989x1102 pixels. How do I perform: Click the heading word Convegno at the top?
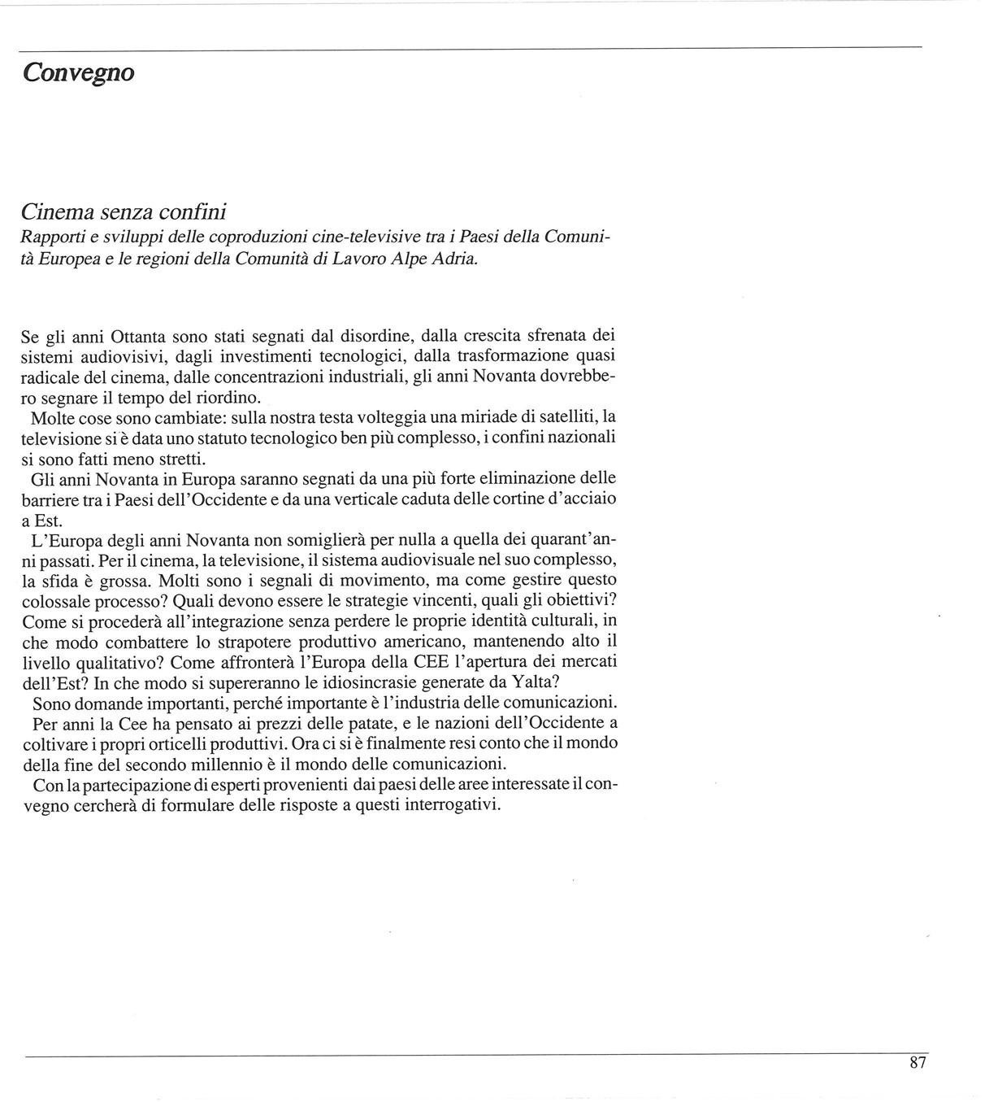[x=78, y=72]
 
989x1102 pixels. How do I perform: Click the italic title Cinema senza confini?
[x=123, y=212]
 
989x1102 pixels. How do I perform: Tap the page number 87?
[x=917, y=1062]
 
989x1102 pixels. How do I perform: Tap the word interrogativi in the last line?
[x=445, y=806]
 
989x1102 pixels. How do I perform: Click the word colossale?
[x=59, y=601]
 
